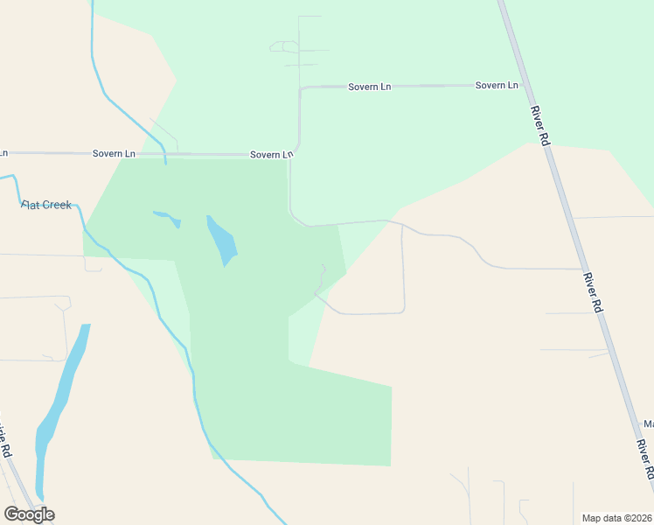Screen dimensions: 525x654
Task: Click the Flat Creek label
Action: point(46,205)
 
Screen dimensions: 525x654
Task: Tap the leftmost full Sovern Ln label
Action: point(114,153)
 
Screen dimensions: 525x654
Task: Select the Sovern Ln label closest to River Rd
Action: point(497,86)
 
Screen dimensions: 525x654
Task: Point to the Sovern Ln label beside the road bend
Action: point(271,155)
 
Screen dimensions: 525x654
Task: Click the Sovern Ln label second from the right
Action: point(369,87)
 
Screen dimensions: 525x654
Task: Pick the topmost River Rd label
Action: point(539,126)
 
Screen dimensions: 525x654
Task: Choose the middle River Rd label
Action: point(595,292)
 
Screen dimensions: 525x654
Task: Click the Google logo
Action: point(29,514)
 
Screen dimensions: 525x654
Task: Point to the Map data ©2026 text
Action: point(617,517)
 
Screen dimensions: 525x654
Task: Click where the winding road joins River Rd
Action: point(583,269)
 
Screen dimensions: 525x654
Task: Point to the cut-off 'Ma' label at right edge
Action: point(649,424)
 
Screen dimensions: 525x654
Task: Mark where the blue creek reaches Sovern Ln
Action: point(164,155)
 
